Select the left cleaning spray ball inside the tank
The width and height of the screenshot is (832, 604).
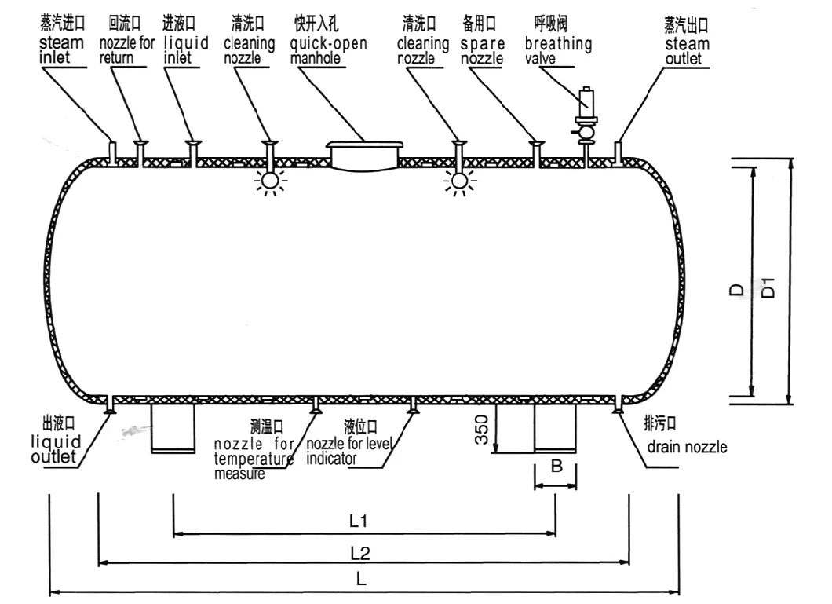point(270,181)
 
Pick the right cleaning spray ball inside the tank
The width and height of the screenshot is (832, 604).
point(459,181)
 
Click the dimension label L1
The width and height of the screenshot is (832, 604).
point(359,521)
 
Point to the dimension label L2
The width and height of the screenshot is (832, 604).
point(360,554)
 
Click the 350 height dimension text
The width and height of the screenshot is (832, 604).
point(481,430)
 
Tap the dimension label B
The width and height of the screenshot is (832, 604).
point(556,466)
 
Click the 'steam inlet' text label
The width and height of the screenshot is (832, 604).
point(61,50)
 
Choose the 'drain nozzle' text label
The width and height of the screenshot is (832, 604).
point(687,447)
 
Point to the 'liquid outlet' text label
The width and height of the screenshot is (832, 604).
point(56,449)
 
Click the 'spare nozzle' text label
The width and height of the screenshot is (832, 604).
point(483,50)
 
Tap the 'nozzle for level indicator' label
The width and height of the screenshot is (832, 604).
point(349,451)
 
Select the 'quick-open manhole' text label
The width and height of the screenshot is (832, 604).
point(328,50)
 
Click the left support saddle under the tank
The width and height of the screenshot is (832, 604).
point(173,429)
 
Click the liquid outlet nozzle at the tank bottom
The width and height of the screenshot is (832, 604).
point(111,405)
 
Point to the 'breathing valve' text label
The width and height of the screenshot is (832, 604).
point(558,50)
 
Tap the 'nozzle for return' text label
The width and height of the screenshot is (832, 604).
point(127,50)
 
